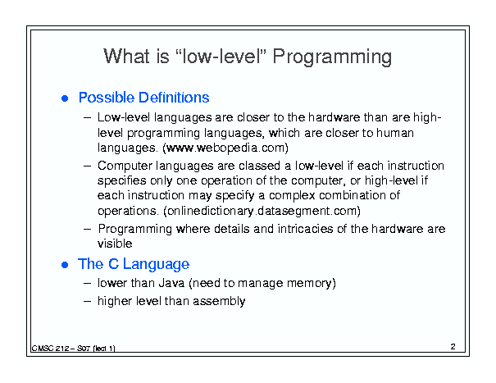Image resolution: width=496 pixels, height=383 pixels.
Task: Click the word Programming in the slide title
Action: pos(332,57)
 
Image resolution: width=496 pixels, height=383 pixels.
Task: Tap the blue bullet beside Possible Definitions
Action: pos(65,98)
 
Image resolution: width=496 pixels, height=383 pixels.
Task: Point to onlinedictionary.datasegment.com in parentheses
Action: pos(262,211)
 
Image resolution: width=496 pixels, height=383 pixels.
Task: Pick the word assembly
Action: pos(219,301)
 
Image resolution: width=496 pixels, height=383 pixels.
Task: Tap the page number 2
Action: pos(453,347)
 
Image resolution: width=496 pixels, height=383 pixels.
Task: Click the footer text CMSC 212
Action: pos(50,349)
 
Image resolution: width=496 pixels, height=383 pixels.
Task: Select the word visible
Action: pos(115,244)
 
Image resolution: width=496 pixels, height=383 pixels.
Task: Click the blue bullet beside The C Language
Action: pos(65,265)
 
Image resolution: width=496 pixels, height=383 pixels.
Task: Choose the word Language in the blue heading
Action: pos(156,264)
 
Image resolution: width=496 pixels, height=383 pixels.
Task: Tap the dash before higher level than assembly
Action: pos(87,301)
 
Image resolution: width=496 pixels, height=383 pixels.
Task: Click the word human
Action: pos(395,133)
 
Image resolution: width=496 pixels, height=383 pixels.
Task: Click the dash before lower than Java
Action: pos(87,283)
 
